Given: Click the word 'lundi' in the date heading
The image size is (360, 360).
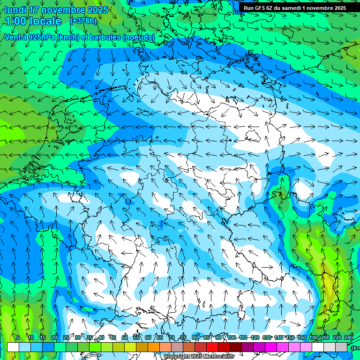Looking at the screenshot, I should [x=16, y=10].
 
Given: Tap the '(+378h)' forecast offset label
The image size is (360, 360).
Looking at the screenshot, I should [x=83, y=21].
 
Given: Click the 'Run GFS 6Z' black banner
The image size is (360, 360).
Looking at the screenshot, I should [x=294, y=8].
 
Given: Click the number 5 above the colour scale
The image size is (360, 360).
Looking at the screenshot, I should [x=18, y=337].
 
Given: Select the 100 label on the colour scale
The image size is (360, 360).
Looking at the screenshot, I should [x=231, y=337].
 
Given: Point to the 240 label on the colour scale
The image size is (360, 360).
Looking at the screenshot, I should [x=349, y=337].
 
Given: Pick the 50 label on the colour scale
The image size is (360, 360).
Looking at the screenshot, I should [x=125, y=337].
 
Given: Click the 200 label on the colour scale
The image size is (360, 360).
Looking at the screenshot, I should [x=325, y=337].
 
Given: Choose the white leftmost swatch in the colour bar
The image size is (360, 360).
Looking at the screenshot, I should [x=13, y=347].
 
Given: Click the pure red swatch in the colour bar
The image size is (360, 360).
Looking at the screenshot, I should [x=212, y=347].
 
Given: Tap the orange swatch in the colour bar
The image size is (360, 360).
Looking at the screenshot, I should [x=154, y=347].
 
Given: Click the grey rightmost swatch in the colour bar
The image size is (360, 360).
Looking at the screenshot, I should [x=341, y=347].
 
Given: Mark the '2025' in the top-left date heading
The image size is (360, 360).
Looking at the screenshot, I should [x=97, y=10].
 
